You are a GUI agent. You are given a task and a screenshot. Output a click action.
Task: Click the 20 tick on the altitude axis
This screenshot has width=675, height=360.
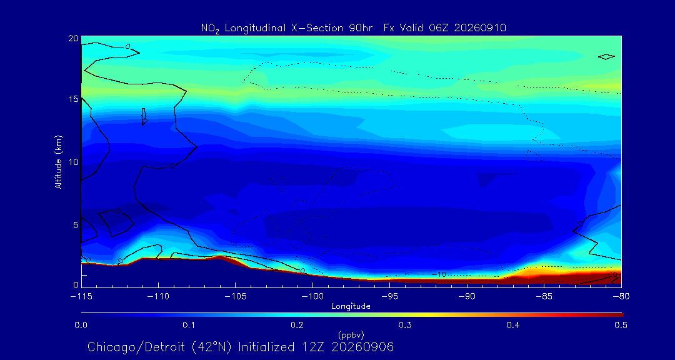click(74, 38)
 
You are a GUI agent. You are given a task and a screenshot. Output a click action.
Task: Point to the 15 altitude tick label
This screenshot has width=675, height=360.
click(74, 99)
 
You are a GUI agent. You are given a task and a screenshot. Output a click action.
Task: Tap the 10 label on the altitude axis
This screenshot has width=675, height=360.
click(74, 161)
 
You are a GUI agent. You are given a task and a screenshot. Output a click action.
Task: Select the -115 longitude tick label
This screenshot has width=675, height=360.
click(81, 297)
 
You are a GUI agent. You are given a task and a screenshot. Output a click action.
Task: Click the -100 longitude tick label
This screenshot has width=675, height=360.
click(312, 297)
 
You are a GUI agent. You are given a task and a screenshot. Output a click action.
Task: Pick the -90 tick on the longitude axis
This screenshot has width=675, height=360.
click(467, 297)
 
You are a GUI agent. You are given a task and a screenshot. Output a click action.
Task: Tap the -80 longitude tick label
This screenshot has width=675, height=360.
click(622, 297)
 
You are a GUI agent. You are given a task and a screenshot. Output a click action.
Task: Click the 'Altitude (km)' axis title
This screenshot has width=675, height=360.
click(58, 161)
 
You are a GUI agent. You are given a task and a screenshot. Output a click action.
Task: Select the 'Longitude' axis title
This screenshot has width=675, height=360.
click(351, 306)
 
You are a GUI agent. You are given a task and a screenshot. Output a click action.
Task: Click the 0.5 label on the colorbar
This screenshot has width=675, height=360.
click(621, 325)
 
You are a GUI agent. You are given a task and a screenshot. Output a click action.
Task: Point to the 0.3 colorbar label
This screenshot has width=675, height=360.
click(404, 325)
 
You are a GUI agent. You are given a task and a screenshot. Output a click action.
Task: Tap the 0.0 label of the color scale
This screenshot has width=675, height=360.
click(81, 325)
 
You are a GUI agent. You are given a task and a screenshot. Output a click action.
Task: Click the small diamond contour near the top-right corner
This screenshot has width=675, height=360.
click(606, 57)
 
